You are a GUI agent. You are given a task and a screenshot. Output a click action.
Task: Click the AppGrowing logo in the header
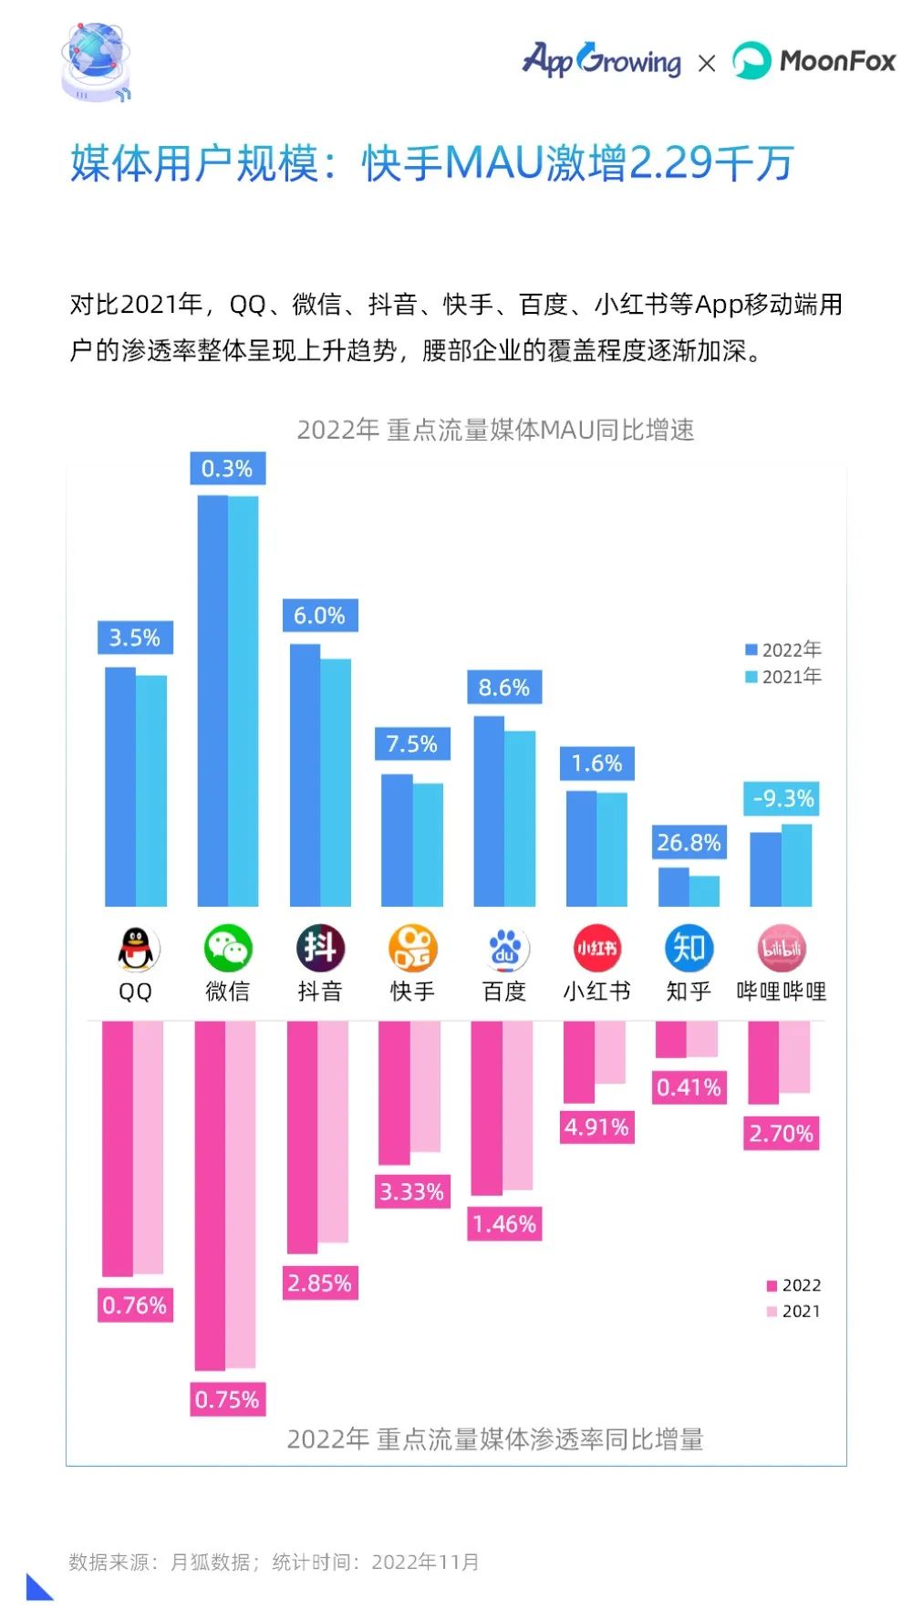[601, 60]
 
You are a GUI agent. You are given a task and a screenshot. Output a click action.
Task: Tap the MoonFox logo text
[836, 61]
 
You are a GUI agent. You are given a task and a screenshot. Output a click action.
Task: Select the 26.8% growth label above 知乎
[689, 843]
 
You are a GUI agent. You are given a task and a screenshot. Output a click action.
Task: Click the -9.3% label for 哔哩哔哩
[782, 799]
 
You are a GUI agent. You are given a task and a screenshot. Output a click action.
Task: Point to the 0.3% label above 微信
[227, 469]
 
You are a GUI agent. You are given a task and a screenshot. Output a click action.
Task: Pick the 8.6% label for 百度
[504, 688]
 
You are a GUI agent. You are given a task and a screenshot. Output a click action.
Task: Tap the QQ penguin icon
[135, 950]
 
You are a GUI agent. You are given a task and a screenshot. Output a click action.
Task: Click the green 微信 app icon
[227, 949]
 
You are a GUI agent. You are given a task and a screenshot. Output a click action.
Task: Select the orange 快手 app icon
[412, 949]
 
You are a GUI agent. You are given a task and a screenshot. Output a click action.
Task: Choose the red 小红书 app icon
[596, 949]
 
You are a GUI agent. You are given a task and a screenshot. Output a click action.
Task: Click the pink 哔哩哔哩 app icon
[782, 949]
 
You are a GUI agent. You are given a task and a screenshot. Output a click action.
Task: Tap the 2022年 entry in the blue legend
[783, 649]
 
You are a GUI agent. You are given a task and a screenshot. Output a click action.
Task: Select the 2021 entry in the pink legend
[793, 1312]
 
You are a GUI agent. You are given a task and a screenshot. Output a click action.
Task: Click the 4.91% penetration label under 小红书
[596, 1127]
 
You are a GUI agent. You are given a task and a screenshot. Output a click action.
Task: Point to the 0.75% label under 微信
[227, 1400]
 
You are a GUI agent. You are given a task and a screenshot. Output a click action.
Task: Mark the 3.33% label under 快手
[412, 1192]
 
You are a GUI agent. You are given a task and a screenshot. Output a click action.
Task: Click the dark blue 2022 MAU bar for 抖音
[305, 775]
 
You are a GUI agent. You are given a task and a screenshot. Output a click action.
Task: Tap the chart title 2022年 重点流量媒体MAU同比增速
[495, 430]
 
